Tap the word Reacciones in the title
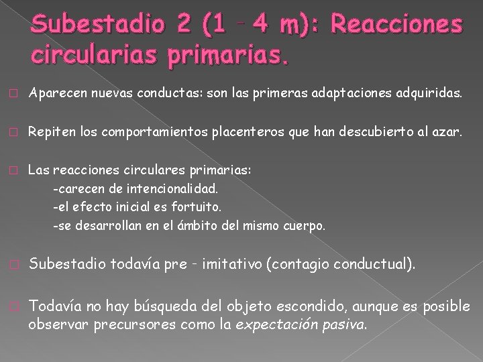[396, 26]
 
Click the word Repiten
[46, 133]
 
